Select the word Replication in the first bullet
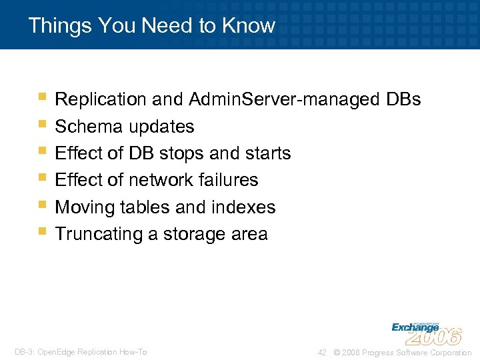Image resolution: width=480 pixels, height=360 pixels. (x=100, y=100)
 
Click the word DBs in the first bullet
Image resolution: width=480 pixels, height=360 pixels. (x=403, y=100)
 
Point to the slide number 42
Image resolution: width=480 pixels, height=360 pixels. (x=322, y=352)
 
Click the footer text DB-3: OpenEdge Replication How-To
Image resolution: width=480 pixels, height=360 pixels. (x=81, y=352)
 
